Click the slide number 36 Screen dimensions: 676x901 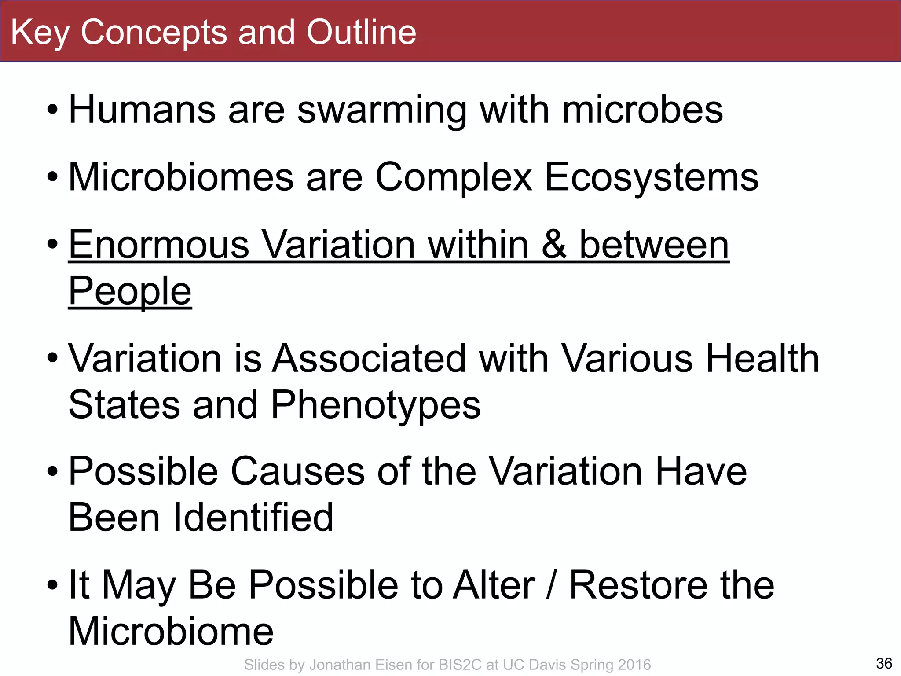[x=884, y=663]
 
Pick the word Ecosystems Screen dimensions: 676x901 [x=652, y=178]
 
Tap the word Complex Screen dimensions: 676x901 [x=454, y=178]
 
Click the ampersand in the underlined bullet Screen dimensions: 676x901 [x=554, y=245]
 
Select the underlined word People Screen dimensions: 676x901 [x=130, y=291]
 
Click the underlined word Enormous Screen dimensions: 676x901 [x=159, y=245]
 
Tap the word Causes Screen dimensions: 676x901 [x=298, y=471]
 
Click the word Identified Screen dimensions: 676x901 [x=253, y=518]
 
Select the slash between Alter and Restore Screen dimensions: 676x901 [x=550, y=585]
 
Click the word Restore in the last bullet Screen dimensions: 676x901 [x=638, y=585]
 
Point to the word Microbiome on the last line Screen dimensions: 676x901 [x=171, y=631]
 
